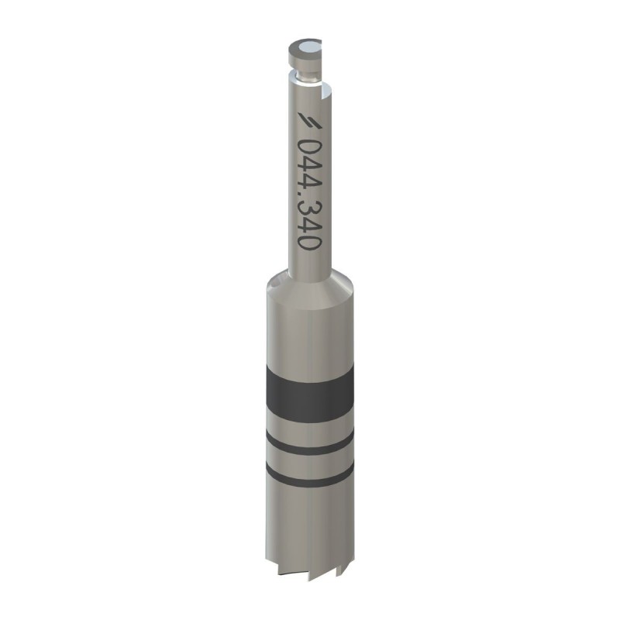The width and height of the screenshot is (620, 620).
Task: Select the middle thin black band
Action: (308, 444)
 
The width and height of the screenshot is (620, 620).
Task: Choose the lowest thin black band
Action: (308, 473)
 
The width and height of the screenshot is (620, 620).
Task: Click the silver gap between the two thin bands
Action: (308, 459)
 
